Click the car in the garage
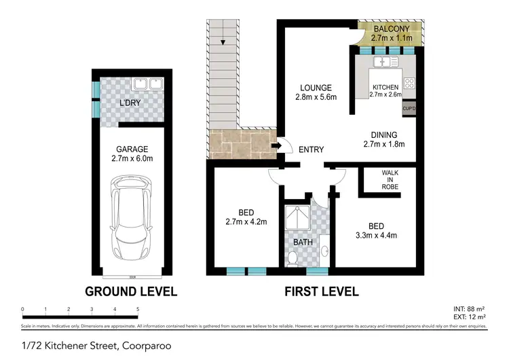[x=130, y=219]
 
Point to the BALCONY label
[x=390, y=29]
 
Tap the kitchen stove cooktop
[x=410, y=84]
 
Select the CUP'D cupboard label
[x=409, y=108]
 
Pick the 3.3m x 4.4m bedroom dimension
[x=377, y=236]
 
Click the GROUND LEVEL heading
[x=130, y=292]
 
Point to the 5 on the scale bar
[x=138, y=309]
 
